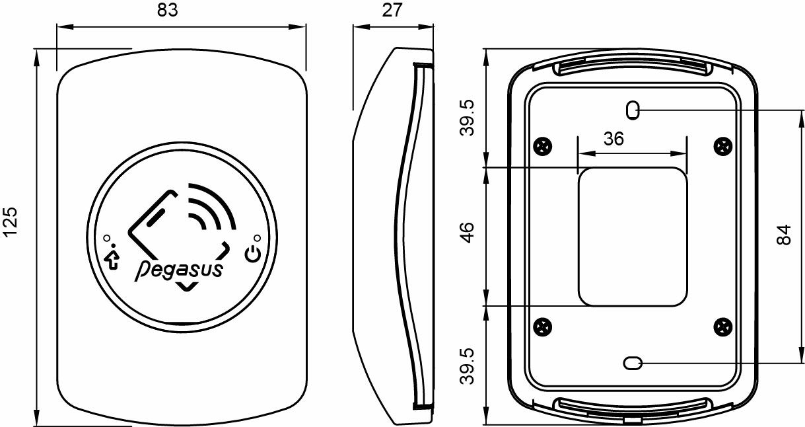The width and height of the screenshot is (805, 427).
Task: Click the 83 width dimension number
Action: (x=168, y=10)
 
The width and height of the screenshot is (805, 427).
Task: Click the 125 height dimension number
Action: (x=10, y=222)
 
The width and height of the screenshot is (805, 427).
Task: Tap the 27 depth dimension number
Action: (x=392, y=10)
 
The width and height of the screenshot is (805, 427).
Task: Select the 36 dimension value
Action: (x=613, y=139)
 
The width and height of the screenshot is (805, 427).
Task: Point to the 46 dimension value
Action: (x=467, y=233)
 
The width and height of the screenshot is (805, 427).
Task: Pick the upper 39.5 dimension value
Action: (x=467, y=118)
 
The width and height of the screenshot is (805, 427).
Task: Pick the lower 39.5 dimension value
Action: (x=467, y=366)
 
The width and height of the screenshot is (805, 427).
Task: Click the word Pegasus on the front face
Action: (x=179, y=270)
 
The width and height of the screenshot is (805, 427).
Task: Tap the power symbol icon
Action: (x=252, y=254)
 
